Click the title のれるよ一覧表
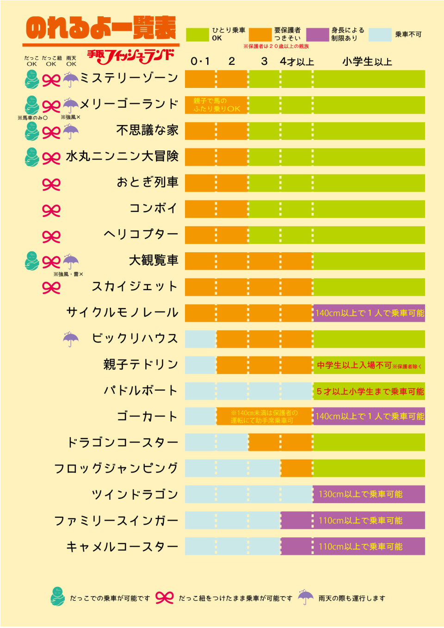click(101, 28)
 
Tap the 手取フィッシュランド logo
click(131, 56)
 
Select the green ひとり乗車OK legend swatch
click(197, 35)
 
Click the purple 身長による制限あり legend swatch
click(317, 35)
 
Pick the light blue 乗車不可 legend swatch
click(380, 35)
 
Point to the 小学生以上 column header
click(367, 62)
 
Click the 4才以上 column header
click(296, 62)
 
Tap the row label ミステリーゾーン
click(129, 78)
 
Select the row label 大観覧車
click(154, 261)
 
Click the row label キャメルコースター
click(122, 547)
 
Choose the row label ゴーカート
click(147, 417)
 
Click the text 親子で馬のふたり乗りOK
click(216, 105)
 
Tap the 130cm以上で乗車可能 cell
click(361, 494)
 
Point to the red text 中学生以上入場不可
click(355, 365)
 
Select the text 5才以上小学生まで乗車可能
click(370, 392)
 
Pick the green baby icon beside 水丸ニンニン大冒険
click(31, 157)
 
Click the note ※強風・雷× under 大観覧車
click(68, 274)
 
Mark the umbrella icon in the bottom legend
click(305, 597)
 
